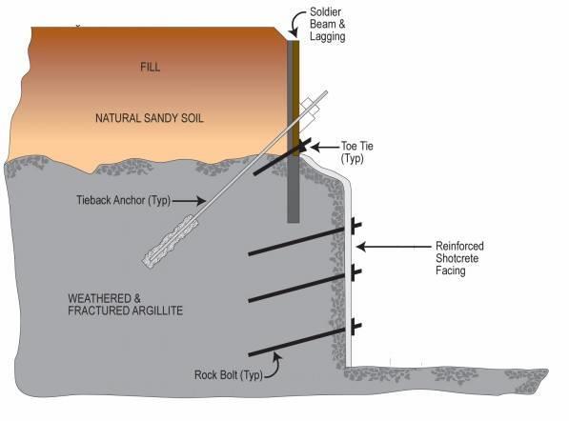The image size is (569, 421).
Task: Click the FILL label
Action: (x=150, y=67)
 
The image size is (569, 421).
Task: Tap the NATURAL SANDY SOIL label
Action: (x=149, y=118)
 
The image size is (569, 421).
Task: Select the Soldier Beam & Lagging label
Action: (x=327, y=25)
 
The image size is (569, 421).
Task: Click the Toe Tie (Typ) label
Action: (x=357, y=152)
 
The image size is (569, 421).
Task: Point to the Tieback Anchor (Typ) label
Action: (x=123, y=200)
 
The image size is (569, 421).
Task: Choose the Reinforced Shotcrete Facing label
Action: (x=459, y=258)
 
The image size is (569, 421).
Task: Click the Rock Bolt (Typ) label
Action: (x=228, y=374)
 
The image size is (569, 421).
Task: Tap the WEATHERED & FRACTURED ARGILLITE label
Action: (x=125, y=305)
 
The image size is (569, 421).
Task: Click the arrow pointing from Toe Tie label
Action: (x=324, y=148)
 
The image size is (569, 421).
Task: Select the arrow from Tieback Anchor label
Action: (x=189, y=201)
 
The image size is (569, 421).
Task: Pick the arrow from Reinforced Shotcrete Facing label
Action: (x=394, y=247)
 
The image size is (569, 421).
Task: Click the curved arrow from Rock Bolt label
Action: (x=275, y=368)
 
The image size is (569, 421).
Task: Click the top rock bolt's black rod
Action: (x=296, y=241)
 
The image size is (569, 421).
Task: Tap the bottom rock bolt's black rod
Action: (x=296, y=342)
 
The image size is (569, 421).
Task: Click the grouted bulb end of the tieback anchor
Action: (x=171, y=241)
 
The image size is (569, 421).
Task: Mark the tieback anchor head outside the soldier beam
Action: (x=310, y=109)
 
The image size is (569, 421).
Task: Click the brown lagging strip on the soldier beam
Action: (x=296, y=98)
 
